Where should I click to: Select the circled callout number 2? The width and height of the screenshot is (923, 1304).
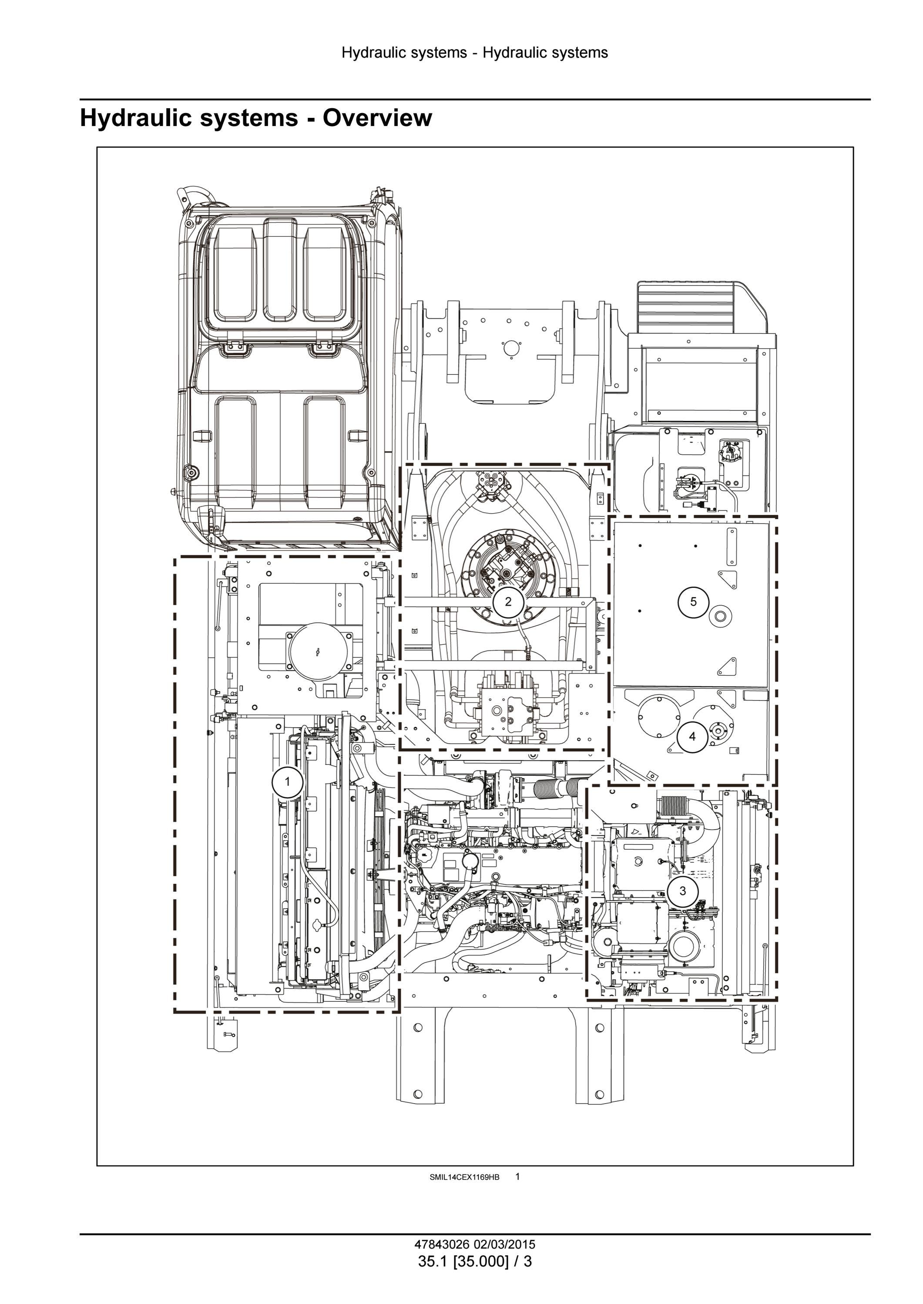[x=508, y=602]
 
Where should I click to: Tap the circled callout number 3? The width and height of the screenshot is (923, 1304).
[x=683, y=891]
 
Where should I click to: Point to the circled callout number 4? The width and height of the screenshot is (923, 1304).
[x=692, y=737]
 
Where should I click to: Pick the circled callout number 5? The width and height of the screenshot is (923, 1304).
[x=693, y=601]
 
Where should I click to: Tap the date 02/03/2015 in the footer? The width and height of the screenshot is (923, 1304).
[x=505, y=1245]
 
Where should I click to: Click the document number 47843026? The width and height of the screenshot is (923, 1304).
[x=442, y=1245]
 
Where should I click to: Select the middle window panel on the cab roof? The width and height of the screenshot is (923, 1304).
[x=280, y=270]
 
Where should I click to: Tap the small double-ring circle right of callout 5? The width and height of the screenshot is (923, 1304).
[x=720, y=616]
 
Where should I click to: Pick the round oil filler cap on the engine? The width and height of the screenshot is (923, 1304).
[x=470, y=861]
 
